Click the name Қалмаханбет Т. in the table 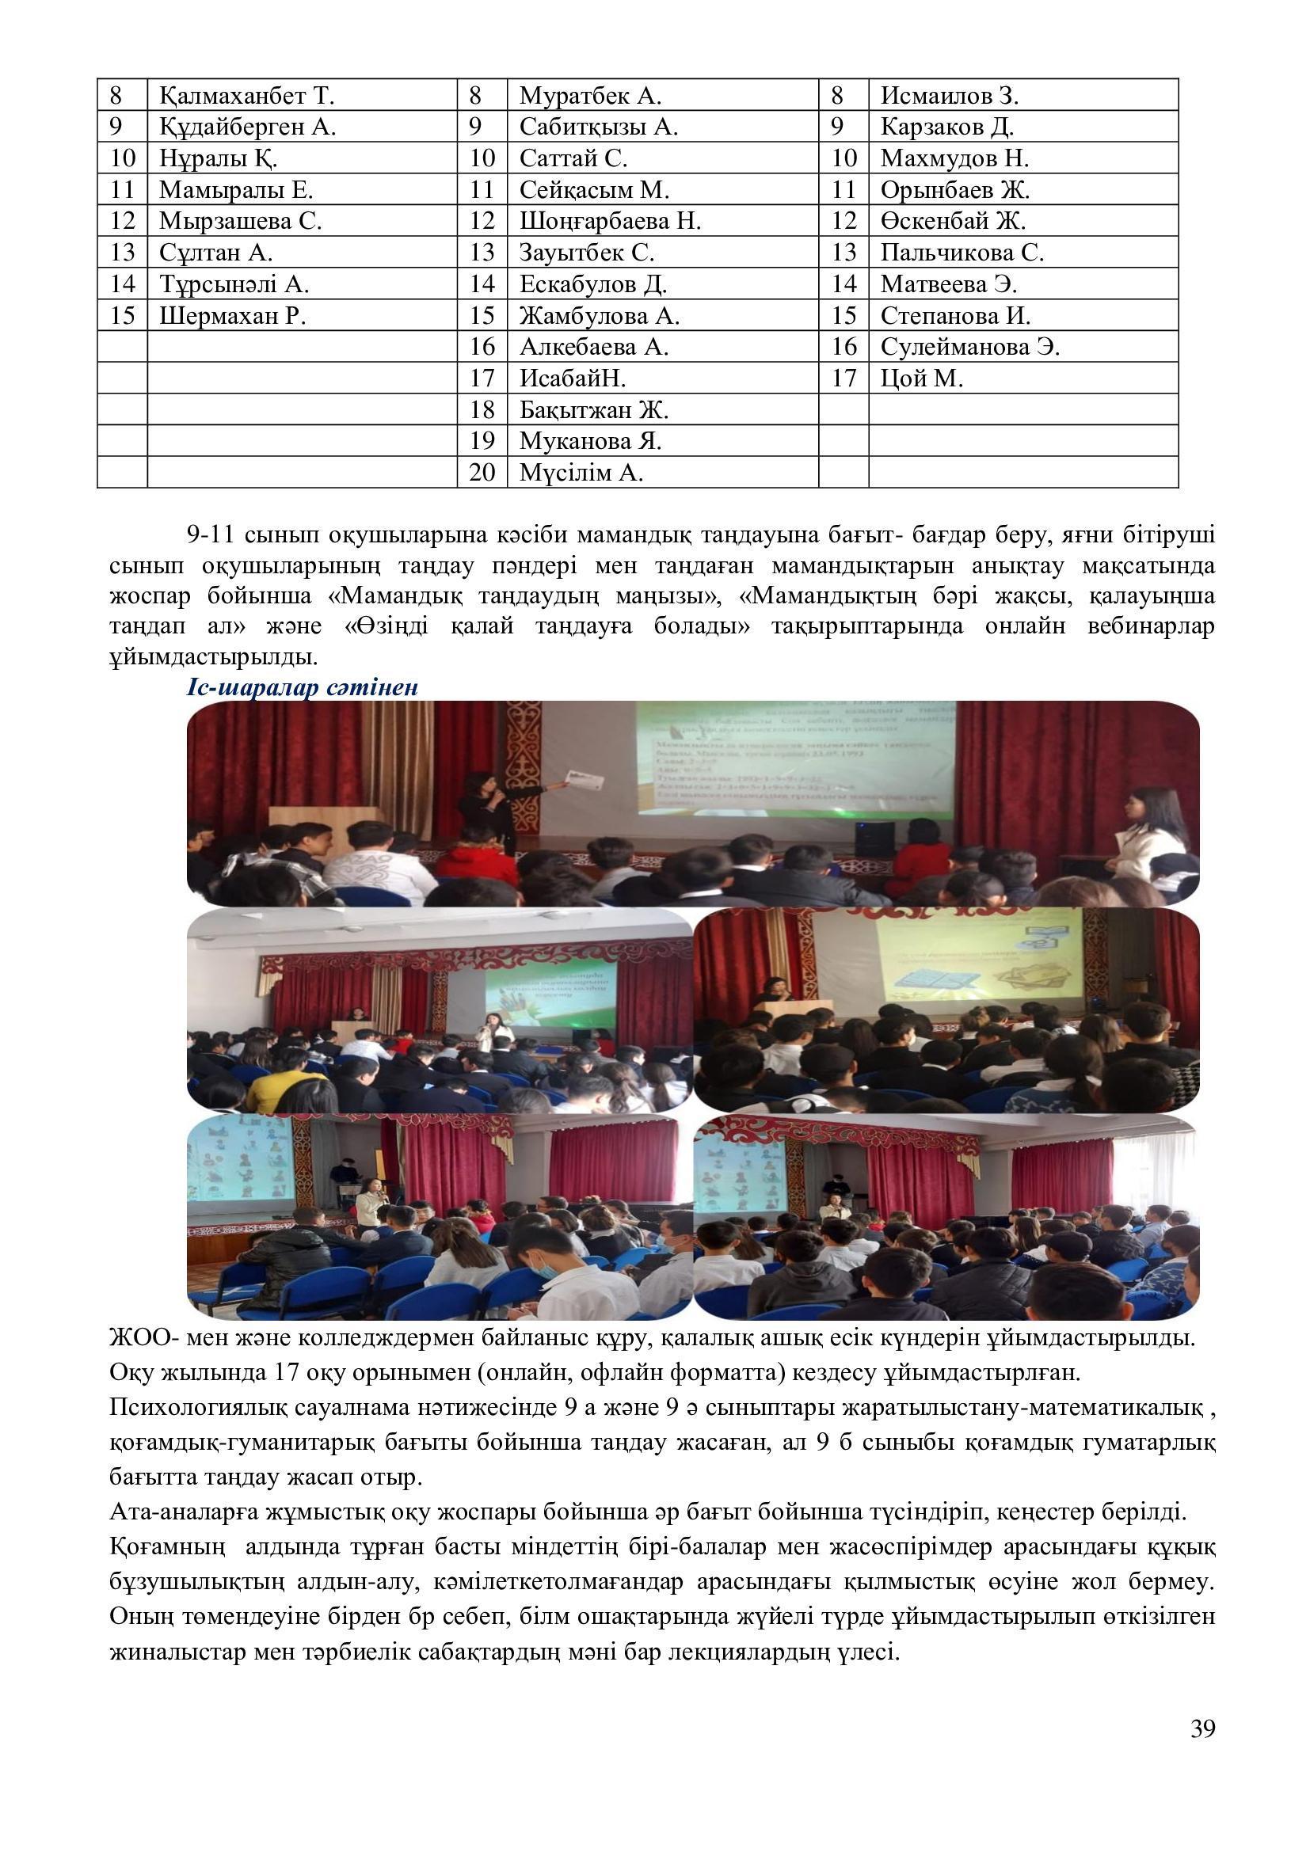(x=246, y=96)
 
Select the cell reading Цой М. (x=921, y=378)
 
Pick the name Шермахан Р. (x=232, y=315)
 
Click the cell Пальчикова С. (x=962, y=253)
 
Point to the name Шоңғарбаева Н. (x=610, y=221)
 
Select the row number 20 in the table (x=482, y=473)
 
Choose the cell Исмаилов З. (x=950, y=96)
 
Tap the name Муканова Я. (x=590, y=441)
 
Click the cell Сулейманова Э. (x=969, y=347)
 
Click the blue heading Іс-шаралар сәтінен (x=303, y=688)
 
